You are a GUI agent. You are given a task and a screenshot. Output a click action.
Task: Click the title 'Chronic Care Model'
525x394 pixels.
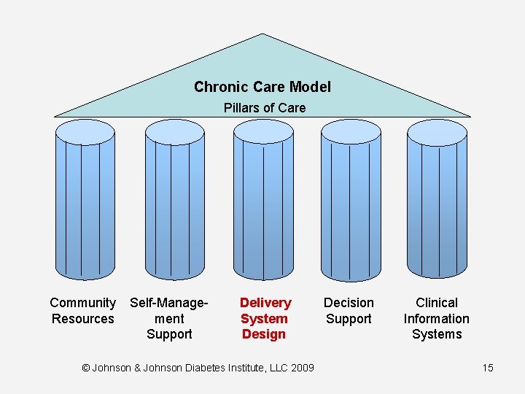point(262,87)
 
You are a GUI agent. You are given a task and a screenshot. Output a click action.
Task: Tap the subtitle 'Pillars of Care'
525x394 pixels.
point(264,108)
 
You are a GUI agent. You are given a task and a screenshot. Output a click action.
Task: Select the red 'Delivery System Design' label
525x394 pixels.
point(265,318)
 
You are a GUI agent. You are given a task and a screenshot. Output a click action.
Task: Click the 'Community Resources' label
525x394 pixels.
point(82,311)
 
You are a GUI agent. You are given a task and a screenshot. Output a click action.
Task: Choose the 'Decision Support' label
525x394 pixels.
point(349,311)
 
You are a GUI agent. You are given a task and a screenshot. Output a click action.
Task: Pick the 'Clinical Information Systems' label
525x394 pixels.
point(436,318)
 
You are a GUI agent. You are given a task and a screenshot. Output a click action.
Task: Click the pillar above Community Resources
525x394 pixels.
point(85,204)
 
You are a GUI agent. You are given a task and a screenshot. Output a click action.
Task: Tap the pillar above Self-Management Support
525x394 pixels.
point(174,204)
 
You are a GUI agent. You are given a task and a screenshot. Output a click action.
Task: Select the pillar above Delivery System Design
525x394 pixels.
point(263,204)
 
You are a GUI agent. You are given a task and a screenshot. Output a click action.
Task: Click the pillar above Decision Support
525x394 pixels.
point(351,204)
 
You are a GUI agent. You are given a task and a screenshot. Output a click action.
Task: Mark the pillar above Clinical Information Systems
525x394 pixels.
point(436,204)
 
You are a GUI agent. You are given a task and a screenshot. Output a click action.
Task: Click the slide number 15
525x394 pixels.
point(487,368)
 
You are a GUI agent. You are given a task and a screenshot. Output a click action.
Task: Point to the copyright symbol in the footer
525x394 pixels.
point(86,368)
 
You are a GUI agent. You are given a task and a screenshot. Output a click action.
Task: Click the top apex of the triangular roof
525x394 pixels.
point(261,35)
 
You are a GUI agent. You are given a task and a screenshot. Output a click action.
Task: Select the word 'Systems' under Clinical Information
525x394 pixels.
point(436,334)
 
